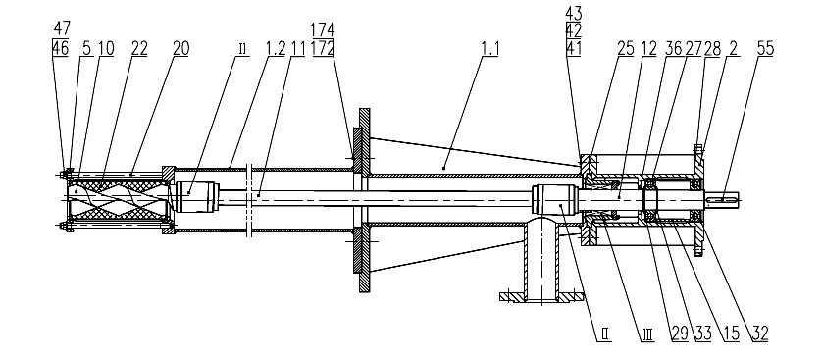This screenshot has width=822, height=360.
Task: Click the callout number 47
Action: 62,28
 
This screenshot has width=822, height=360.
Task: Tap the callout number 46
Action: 61,48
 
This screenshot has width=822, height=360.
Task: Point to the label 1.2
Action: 276,48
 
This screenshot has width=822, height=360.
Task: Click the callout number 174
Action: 323,28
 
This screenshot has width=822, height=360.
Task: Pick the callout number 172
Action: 323,48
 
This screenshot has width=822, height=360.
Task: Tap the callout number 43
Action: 574,13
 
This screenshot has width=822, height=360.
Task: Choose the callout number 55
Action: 765,48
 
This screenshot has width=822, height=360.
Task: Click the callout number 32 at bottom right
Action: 759,333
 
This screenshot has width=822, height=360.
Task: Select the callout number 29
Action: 680,333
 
